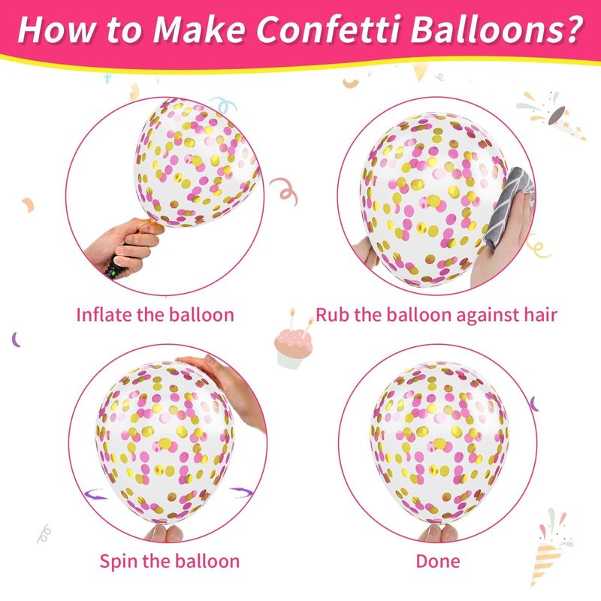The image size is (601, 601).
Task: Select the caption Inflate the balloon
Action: [x=156, y=315]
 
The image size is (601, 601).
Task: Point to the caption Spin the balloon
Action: [x=170, y=561]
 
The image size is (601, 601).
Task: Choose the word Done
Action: [x=438, y=561]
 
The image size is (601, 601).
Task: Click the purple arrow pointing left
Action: [x=95, y=494]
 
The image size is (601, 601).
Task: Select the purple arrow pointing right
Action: [x=241, y=492]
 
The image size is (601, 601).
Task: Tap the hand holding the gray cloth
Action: [x=502, y=237]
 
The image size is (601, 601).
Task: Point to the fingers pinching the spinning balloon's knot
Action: [x=164, y=533]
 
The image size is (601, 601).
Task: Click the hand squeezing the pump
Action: [x=126, y=243]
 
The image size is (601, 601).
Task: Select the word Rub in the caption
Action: [x=332, y=315]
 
